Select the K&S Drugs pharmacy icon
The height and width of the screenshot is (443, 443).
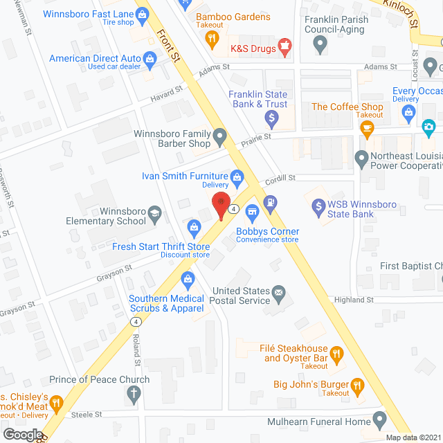[x=283, y=47]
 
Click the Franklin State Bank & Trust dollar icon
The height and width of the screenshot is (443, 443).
[x=271, y=120]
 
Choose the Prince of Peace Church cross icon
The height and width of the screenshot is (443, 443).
[x=134, y=394]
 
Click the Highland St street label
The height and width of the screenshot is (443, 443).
[x=354, y=300]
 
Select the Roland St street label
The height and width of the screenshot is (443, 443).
[x=136, y=352]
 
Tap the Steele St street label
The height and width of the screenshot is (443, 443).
[x=88, y=415]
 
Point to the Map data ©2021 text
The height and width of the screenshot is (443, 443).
[x=413, y=437]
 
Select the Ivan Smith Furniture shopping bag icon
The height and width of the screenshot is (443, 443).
[x=237, y=177]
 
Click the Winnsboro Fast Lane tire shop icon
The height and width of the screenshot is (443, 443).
[x=142, y=13]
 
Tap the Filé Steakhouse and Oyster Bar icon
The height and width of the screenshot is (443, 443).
[x=336, y=355]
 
